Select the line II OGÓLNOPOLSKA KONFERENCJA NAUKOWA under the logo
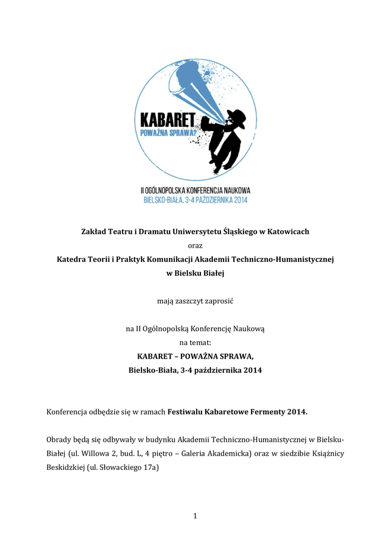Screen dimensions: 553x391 point(195,191)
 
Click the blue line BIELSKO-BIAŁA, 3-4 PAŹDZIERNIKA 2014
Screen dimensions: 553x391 point(195,200)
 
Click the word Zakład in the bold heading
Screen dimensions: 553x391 point(93,232)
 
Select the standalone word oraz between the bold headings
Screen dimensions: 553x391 point(195,246)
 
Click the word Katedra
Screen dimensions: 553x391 point(72,260)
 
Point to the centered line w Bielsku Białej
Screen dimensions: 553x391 point(195,274)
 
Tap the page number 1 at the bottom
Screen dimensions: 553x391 point(195,516)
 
